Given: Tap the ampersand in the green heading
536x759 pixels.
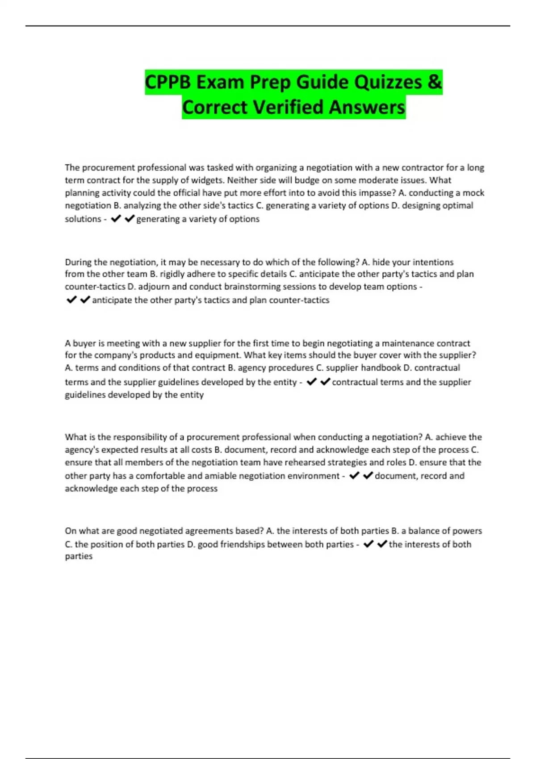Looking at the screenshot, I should coord(434,82).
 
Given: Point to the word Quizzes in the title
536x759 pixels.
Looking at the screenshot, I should coord(386,82).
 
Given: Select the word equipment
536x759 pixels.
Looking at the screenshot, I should coord(218,355).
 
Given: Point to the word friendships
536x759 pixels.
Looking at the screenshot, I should coord(242,544).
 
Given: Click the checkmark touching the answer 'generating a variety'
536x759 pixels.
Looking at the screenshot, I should coord(130,219).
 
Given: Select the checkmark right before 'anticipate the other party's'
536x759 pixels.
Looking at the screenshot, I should coord(85,300).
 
